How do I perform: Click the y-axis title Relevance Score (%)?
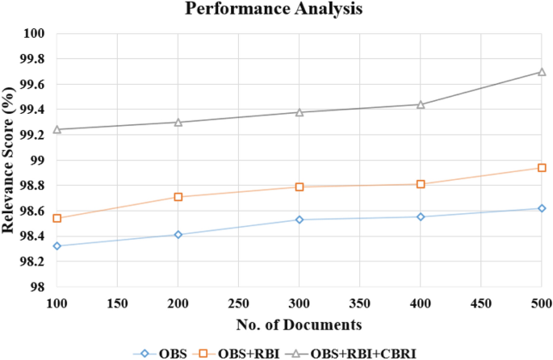(10, 161)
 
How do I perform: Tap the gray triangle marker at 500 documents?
(542, 72)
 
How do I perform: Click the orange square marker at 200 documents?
(178, 197)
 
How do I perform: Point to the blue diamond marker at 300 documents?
(300, 220)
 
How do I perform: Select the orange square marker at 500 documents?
(542, 168)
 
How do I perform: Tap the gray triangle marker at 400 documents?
(421, 104)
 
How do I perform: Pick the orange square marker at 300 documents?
(300, 186)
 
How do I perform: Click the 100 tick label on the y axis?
(37, 34)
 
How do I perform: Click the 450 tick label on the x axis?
(481, 303)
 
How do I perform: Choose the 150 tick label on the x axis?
(118, 303)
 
